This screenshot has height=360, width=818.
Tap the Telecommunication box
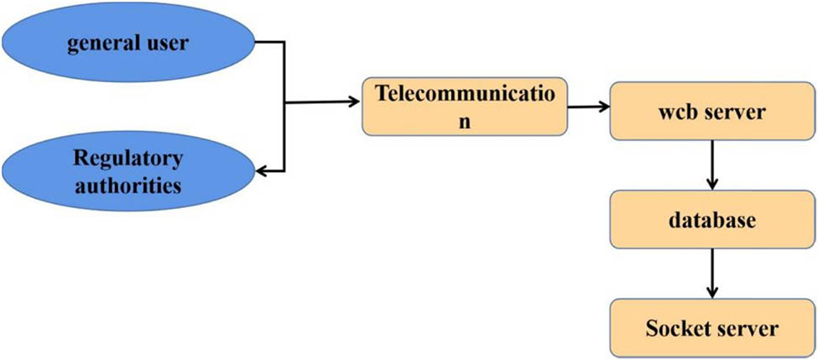[463, 107]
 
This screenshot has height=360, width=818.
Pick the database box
[711, 220]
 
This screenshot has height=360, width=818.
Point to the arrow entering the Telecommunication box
[323, 104]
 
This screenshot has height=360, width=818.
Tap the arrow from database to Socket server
[711, 273]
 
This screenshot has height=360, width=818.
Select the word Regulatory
[128, 159]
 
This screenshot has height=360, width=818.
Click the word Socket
[675, 327]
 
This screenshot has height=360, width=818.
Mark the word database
[711, 221]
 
